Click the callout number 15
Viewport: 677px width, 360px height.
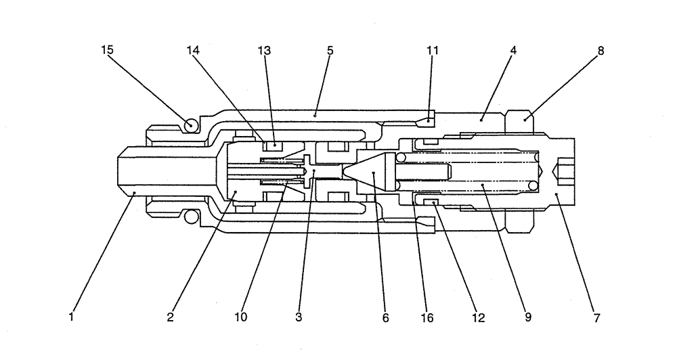point(108,50)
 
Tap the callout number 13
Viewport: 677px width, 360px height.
point(263,50)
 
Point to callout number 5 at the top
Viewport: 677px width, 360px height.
point(330,50)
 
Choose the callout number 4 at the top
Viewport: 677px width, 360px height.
point(514,50)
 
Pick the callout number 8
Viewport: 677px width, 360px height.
point(600,50)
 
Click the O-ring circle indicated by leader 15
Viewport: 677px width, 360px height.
point(191,125)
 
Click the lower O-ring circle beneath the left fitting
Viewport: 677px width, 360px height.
point(191,217)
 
